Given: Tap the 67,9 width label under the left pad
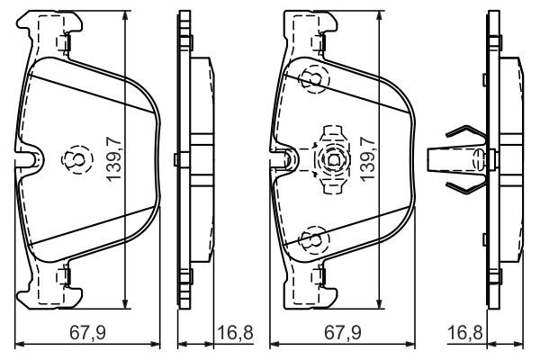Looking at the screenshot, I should tap(88, 334).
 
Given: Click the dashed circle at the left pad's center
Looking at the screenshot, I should tap(72, 159).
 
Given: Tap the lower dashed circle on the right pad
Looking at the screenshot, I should tap(310, 239).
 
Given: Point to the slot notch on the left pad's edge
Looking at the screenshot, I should tap(32, 159).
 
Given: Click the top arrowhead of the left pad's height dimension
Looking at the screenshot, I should tap(123, 16).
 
